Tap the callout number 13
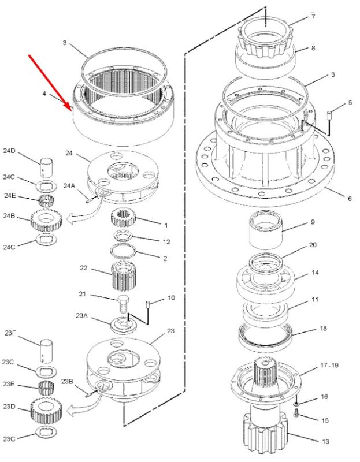(325, 441)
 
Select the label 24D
(9, 151)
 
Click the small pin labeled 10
(147, 305)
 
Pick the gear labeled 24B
(46, 220)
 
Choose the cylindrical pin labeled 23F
(47, 351)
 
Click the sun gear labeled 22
(124, 276)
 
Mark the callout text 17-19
(329, 366)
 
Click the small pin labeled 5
(330, 115)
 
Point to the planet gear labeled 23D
(47, 409)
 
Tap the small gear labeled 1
(123, 217)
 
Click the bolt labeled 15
(296, 412)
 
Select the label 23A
(81, 316)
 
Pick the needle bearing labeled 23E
(46, 389)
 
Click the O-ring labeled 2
(123, 251)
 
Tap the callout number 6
(350, 198)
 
